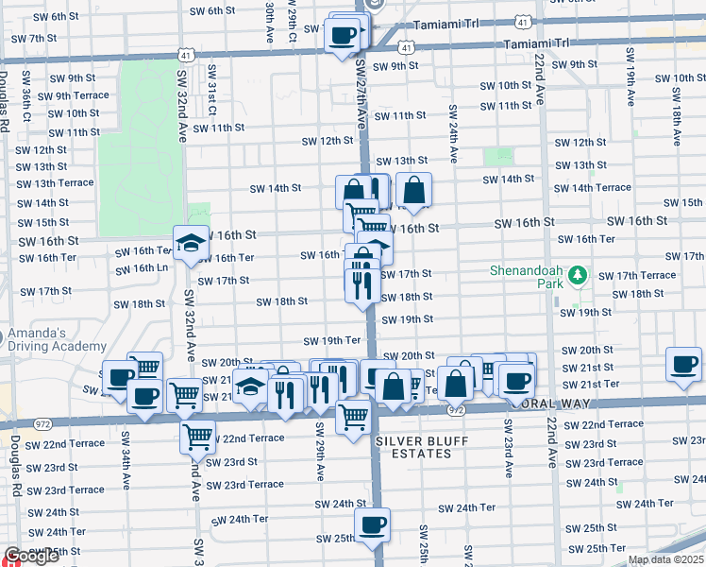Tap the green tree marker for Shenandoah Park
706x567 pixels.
(x=578, y=276)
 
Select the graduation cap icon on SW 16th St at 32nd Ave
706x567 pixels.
(x=190, y=242)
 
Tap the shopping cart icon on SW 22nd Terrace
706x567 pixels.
(x=197, y=436)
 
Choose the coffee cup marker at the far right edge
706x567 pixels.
(x=683, y=363)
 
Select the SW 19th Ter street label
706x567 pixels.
(x=332, y=340)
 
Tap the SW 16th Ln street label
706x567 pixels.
(x=143, y=268)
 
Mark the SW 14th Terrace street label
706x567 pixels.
(x=593, y=187)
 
